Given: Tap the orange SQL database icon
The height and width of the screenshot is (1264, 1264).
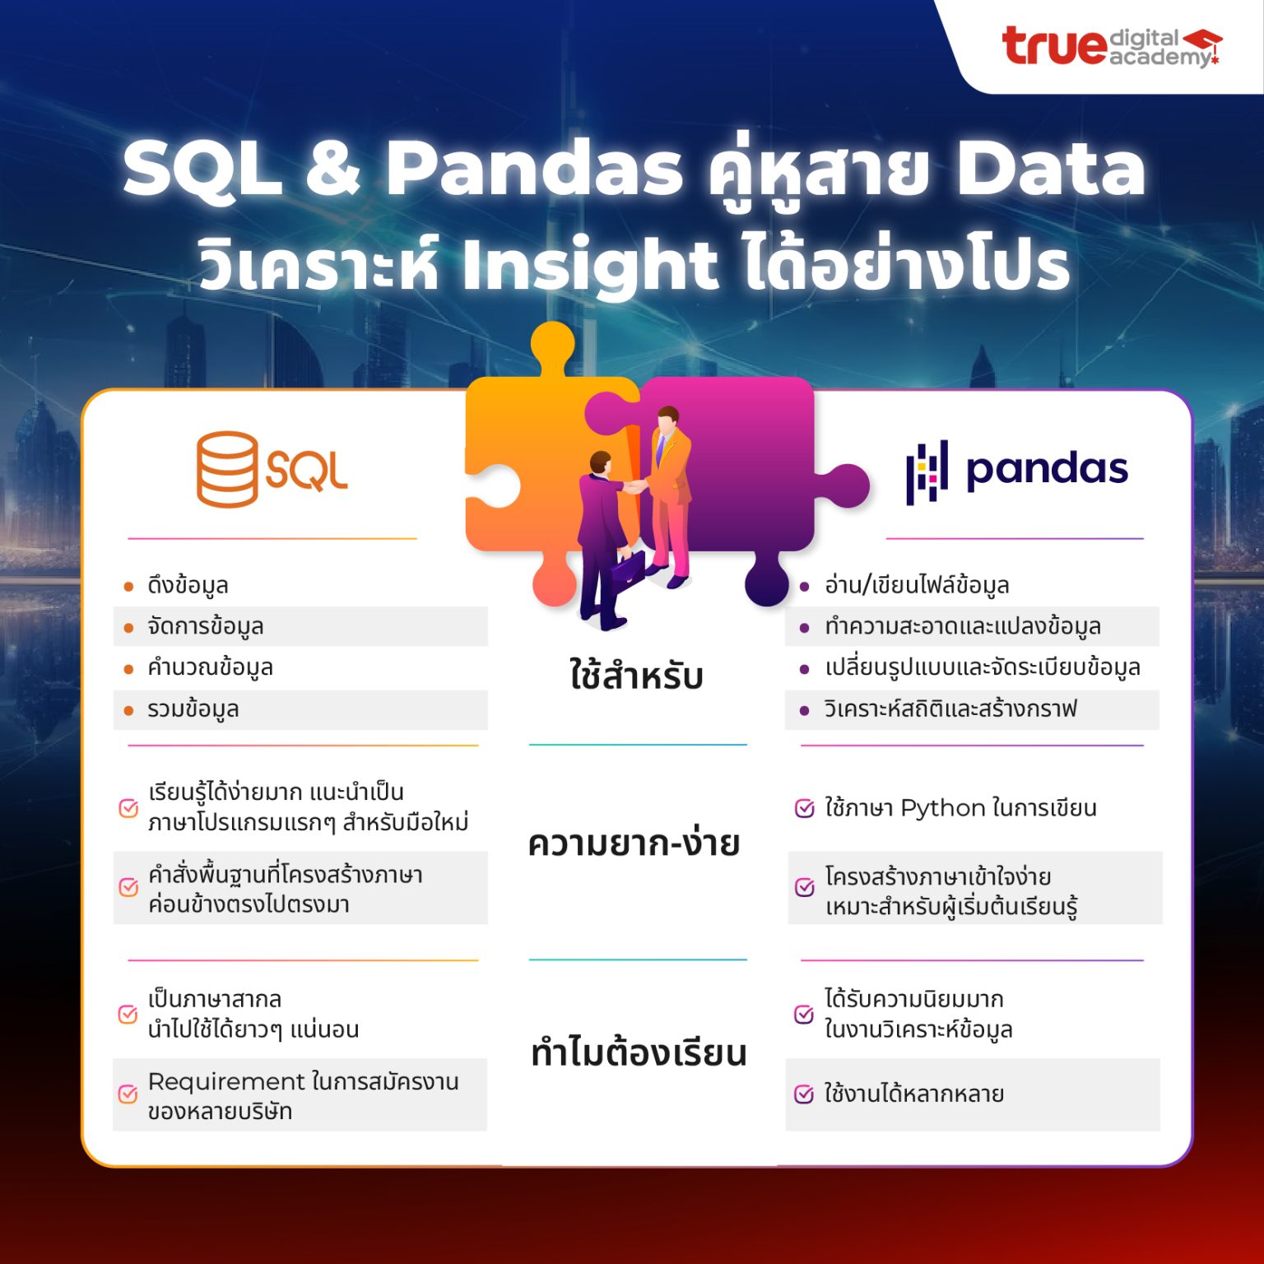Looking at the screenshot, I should coord(226,469).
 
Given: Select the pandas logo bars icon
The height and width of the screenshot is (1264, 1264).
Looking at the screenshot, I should coord(927,472).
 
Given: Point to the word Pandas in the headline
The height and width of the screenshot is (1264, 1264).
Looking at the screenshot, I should coord(534,169).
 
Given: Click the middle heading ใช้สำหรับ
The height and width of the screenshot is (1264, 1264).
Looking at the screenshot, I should coord(636,675).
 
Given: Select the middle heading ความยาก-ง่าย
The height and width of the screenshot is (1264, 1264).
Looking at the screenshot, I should coord(634,843).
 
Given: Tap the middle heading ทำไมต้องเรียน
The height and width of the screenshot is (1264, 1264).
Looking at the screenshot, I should coord(638,1053).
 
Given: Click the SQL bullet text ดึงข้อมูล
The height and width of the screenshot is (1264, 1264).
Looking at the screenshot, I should coord(188,586).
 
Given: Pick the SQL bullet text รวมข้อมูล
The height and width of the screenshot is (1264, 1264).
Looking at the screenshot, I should coord(193,709).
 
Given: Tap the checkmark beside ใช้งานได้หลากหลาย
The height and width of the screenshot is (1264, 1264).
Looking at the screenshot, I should coord(804,1094).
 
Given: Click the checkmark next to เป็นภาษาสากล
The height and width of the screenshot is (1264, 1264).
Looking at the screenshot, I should coord(128,1014).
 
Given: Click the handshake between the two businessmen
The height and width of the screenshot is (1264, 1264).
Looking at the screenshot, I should coord(634,486).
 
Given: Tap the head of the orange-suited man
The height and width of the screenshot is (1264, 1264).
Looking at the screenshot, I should coord(667,417).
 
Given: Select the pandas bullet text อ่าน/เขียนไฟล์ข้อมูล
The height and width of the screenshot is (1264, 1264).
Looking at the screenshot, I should coord(917,586).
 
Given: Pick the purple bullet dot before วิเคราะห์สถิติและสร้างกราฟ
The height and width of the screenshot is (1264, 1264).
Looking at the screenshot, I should coord(805,710).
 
